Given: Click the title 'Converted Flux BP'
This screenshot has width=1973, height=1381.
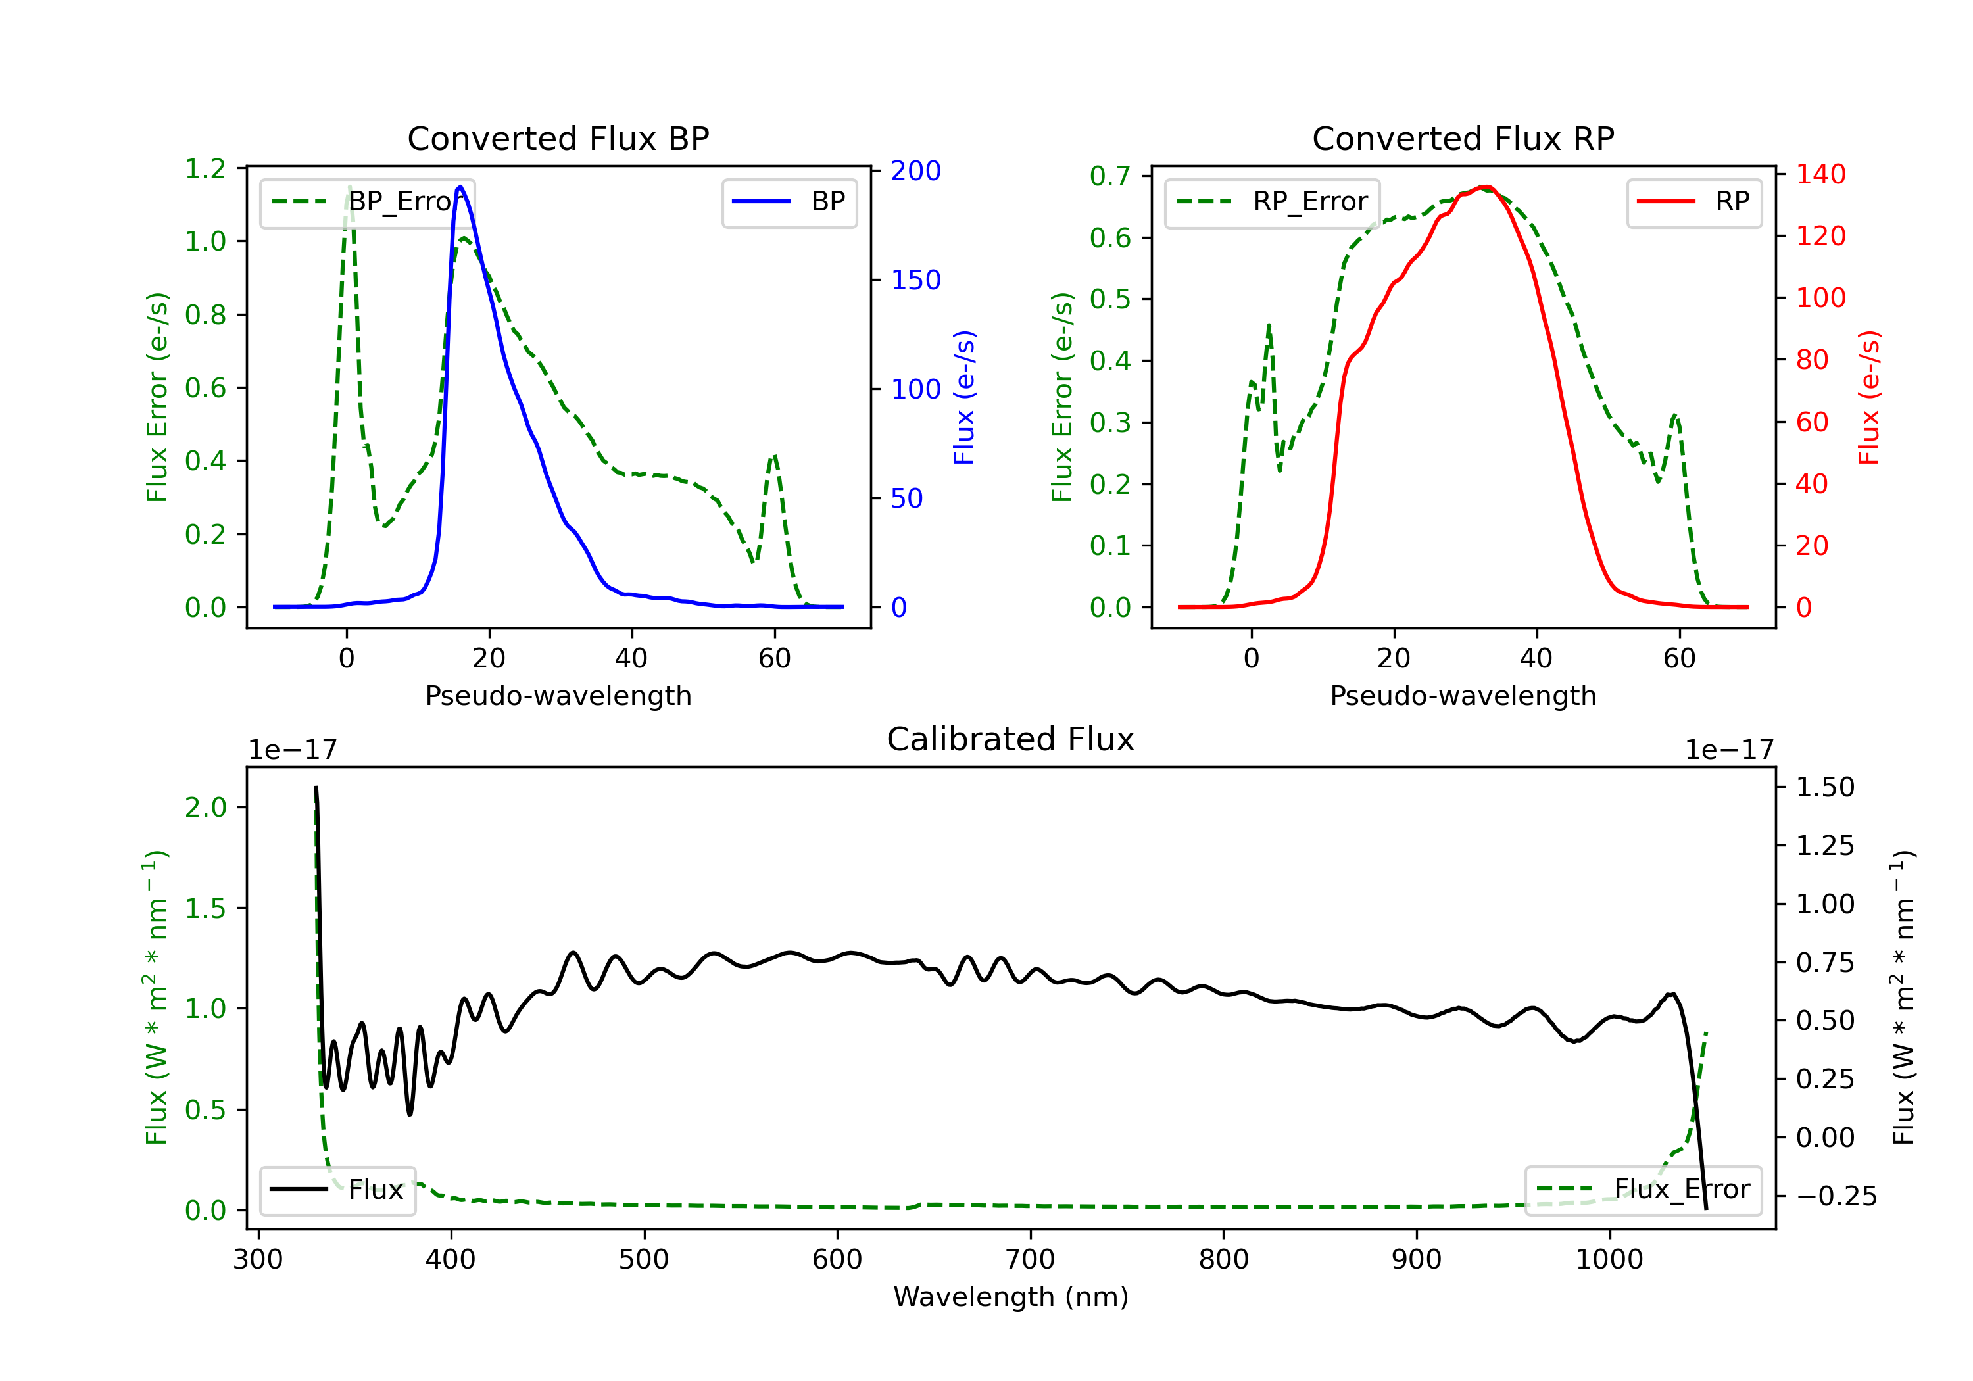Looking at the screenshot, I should tap(558, 138).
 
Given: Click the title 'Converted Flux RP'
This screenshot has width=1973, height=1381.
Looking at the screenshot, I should tap(1463, 138).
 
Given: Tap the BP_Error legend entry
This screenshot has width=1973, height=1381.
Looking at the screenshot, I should tap(368, 202).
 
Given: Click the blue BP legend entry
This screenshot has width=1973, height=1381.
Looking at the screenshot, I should tap(789, 202).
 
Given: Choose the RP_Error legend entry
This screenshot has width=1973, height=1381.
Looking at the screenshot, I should tap(1272, 202).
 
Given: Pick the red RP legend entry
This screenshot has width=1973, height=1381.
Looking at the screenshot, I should tap(1693, 202).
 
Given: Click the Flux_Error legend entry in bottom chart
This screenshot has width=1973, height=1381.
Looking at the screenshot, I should tap(1642, 1190).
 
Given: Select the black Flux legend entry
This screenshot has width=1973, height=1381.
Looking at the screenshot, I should tap(338, 1190).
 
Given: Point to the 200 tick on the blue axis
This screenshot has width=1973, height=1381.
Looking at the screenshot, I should tap(915, 171).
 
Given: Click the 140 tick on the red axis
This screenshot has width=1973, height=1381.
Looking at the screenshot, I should tap(1820, 174).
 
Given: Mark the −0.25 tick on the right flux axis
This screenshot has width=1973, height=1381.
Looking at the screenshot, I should tap(1836, 1196).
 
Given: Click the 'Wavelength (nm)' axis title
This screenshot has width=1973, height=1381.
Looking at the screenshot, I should tap(1011, 1297).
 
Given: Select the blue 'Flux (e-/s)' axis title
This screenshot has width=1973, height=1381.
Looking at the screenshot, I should tap(963, 397).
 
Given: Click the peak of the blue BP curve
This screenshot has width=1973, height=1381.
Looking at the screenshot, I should tap(460, 187).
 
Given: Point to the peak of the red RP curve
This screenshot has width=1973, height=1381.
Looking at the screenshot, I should tap(1484, 187).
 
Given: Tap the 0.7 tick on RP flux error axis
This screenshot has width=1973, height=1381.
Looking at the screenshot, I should tap(1109, 176).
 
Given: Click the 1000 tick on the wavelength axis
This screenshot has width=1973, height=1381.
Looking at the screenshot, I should tap(1609, 1260).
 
